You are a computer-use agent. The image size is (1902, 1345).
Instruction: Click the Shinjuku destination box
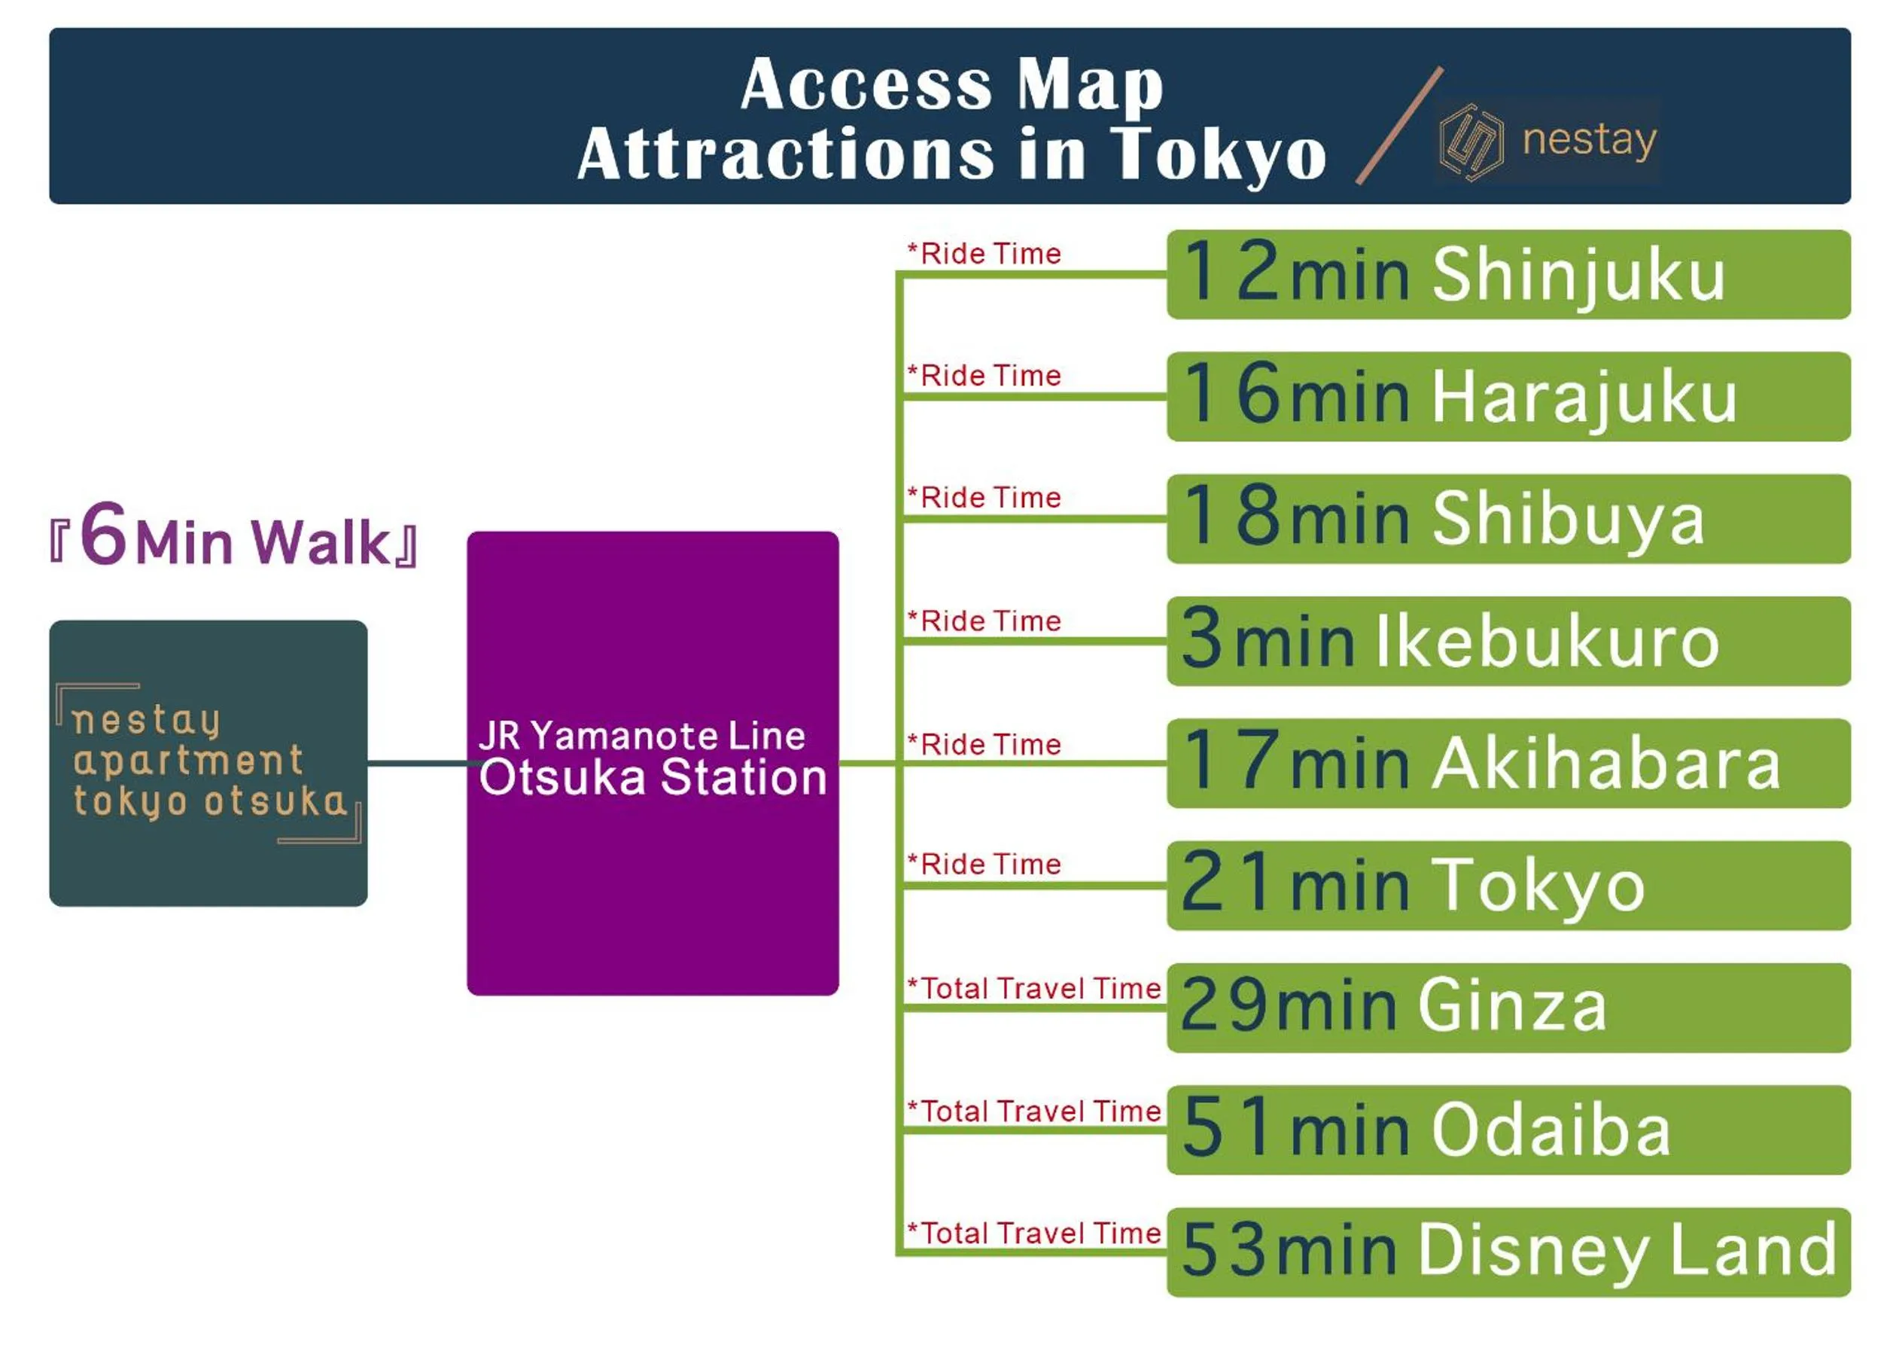(x=1508, y=274)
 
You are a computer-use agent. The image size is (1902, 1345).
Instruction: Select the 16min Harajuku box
(x=1508, y=397)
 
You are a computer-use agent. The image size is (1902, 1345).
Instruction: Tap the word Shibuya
(x=1568, y=520)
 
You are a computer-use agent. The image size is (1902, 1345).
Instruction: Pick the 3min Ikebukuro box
(x=1508, y=642)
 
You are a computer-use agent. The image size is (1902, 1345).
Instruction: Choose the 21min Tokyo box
(x=1508, y=886)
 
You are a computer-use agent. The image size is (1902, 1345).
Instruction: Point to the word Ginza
(x=1513, y=1005)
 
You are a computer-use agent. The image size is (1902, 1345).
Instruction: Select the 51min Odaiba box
(x=1508, y=1130)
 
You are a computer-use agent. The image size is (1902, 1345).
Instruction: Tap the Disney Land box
(x=1508, y=1253)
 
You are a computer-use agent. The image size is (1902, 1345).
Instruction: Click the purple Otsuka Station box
(x=653, y=763)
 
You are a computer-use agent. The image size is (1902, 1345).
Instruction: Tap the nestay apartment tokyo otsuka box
(x=208, y=763)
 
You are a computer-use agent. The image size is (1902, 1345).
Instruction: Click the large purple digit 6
(x=104, y=534)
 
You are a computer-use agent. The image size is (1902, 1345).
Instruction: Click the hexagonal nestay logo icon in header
(x=1471, y=142)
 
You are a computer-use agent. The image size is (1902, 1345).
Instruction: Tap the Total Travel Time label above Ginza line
(x=1035, y=988)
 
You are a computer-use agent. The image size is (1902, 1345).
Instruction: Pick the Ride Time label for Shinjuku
(x=984, y=254)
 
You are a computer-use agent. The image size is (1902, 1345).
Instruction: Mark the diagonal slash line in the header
(x=1399, y=125)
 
